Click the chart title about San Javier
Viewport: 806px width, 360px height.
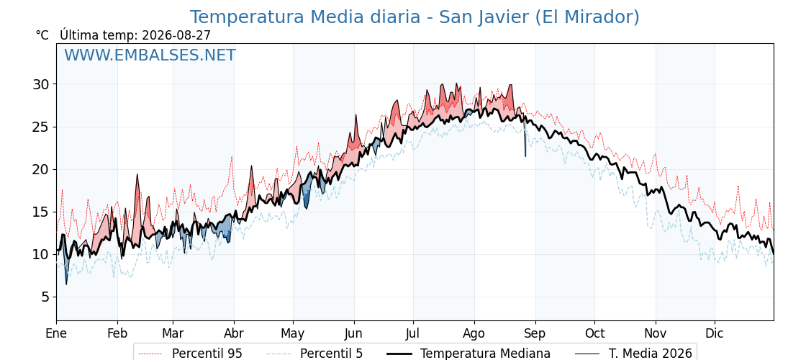tap(415, 17)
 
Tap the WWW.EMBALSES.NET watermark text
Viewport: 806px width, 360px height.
tap(150, 55)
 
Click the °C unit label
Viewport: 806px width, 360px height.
tap(42, 35)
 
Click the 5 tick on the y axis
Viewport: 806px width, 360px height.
tap(46, 297)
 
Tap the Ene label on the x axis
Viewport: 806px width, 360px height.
tap(57, 333)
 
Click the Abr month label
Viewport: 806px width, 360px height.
tap(234, 333)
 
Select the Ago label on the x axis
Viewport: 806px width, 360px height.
tap(474, 333)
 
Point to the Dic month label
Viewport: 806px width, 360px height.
tap(715, 333)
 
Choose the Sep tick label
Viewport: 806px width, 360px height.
tap(535, 333)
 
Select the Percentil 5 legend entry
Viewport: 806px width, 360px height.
tap(315, 354)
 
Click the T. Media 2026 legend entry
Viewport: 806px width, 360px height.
tap(634, 354)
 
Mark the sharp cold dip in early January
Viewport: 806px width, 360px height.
tap(66, 284)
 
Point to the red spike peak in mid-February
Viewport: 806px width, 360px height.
tap(137, 175)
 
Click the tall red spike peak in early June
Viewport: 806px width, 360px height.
tap(356, 115)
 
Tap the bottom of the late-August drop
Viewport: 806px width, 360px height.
tap(525, 156)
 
